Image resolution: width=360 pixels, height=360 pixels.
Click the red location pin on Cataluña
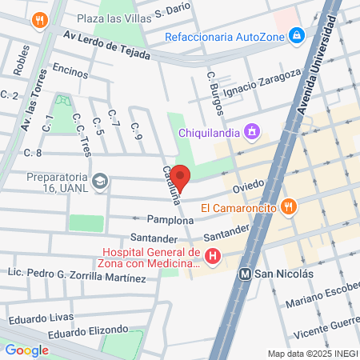(181, 178)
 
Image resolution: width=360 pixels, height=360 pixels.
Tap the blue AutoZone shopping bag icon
(297, 35)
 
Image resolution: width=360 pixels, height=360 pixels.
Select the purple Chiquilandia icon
(253, 130)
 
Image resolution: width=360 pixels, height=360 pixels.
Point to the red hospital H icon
(213, 257)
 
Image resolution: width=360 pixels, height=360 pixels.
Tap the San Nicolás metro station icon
(248, 273)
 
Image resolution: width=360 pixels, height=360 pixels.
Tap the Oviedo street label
(248, 189)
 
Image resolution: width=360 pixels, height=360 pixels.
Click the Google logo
(26, 350)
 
